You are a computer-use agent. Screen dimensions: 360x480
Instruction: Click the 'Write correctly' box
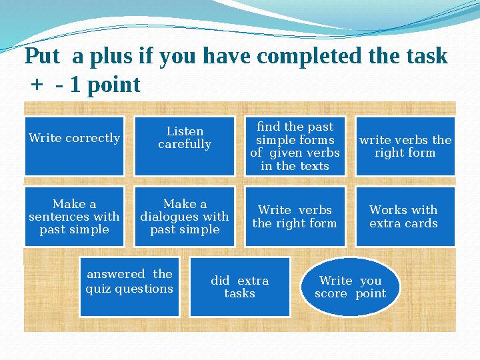click(x=74, y=145)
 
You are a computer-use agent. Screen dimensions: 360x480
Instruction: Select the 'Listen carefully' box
click(x=185, y=145)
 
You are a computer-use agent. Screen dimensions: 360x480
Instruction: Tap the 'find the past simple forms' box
click(x=295, y=145)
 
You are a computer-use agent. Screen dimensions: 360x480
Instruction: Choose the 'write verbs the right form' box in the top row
click(x=405, y=145)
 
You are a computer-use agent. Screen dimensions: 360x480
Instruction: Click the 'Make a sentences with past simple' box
click(x=74, y=217)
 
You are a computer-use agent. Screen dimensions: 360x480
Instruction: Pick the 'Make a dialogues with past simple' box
click(x=185, y=217)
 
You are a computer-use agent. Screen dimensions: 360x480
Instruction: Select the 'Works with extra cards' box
click(x=403, y=217)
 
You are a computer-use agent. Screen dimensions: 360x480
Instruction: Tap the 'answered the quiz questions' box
click(x=129, y=286)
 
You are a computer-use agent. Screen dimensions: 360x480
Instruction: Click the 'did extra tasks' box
click(x=239, y=286)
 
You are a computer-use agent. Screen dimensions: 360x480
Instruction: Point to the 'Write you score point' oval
click(x=351, y=287)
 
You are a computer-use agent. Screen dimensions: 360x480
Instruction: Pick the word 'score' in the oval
click(x=331, y=293)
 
